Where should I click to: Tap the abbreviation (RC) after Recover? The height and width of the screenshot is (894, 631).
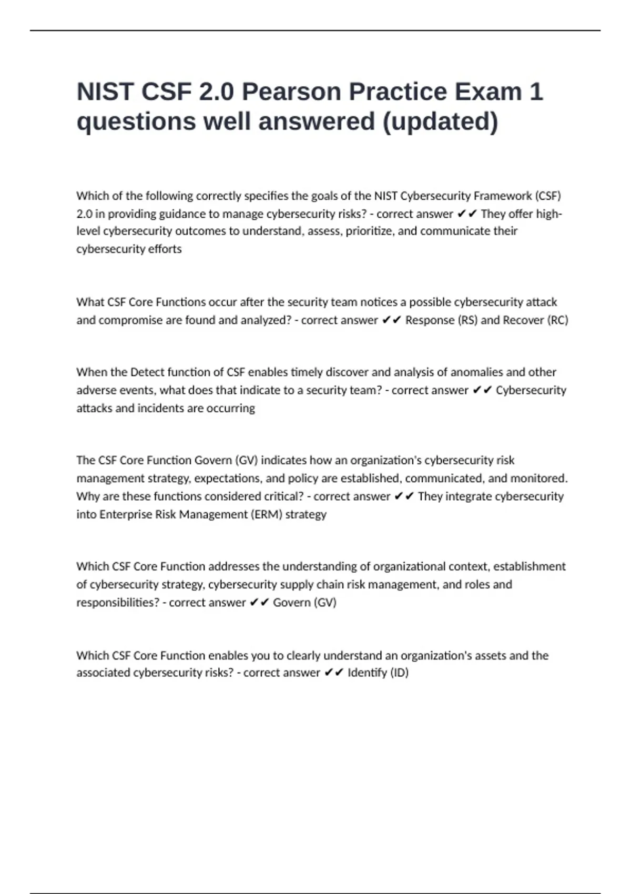(558, 320)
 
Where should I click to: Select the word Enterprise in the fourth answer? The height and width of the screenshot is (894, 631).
(126, 514)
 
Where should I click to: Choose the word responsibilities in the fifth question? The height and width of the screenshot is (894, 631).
(117, 603)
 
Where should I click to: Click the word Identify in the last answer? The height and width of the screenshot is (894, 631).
(367, 673)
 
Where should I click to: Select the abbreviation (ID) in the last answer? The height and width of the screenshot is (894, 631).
(399, 673)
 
